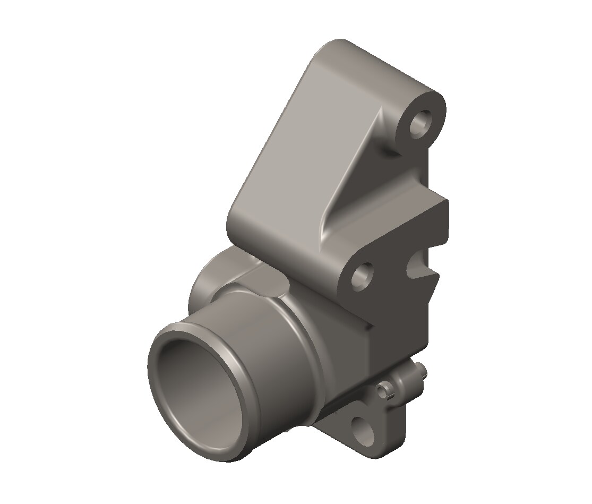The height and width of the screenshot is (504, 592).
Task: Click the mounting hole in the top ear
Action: click(x=423, y=123)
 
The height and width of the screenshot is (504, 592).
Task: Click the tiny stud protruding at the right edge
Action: click(x=422, y=369)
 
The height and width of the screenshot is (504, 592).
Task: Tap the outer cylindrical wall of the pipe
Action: click(x=265, y=340)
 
